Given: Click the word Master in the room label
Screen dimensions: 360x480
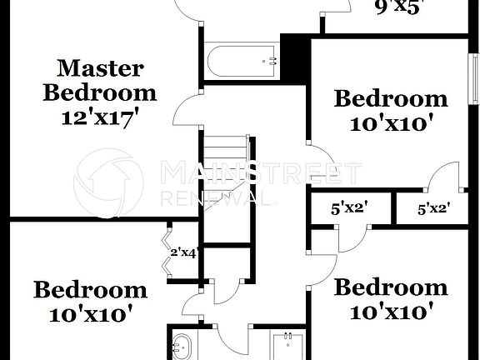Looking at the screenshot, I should pyautogui.click(x=99, y=68).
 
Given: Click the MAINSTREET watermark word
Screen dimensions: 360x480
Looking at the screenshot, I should pyautogui.click(x=260, y=173).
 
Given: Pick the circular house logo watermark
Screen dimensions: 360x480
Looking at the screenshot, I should pyautogui.click(x=108, y=182).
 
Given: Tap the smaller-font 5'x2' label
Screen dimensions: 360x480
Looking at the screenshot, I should pyautogui.click(x=433, y=210).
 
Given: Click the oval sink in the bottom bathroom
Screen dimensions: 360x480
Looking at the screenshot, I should pyautogui.click(x=182, y=346).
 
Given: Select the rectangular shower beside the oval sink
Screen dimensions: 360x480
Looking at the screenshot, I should pyautogui.click(x=287, y=345).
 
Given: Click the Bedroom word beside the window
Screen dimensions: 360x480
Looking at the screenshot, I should pyautogui.click(x=390, y=99).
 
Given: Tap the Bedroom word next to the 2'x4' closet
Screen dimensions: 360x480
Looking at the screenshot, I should pyautogui.click(x=90, y=290).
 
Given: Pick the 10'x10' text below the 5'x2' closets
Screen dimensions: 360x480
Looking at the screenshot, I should pyautogui.click(x=390, y=312).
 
